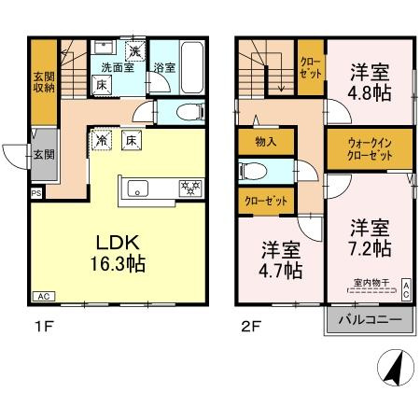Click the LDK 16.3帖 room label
pos(117,252)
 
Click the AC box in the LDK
pos(43,296)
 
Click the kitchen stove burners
pos(190,188)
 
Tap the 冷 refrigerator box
pos(101,141)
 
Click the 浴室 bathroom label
pos(164,67)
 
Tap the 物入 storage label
pos(263,142)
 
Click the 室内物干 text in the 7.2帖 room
pos(371,283)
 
